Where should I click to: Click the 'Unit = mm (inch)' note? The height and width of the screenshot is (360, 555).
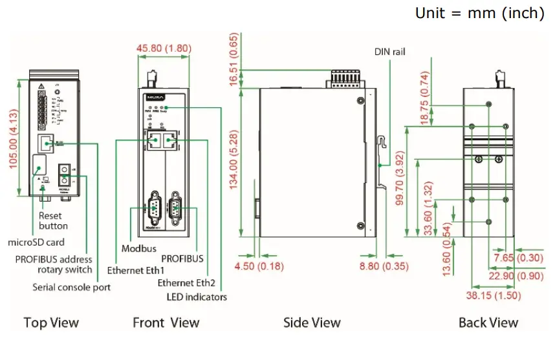(479, 13)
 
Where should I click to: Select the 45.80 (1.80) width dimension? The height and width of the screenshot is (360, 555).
(163, 48)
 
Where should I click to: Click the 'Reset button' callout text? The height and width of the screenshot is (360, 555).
(53, 221)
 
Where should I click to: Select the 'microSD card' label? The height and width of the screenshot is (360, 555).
(36, 243)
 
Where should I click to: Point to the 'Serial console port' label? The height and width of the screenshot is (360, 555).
(71, 286)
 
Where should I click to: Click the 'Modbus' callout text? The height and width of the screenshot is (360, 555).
(137, 248)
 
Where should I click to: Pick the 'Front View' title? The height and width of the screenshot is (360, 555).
(166, 323)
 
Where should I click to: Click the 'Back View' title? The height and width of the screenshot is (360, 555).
(488, 323)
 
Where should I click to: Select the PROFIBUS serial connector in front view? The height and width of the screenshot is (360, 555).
(175, 208)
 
